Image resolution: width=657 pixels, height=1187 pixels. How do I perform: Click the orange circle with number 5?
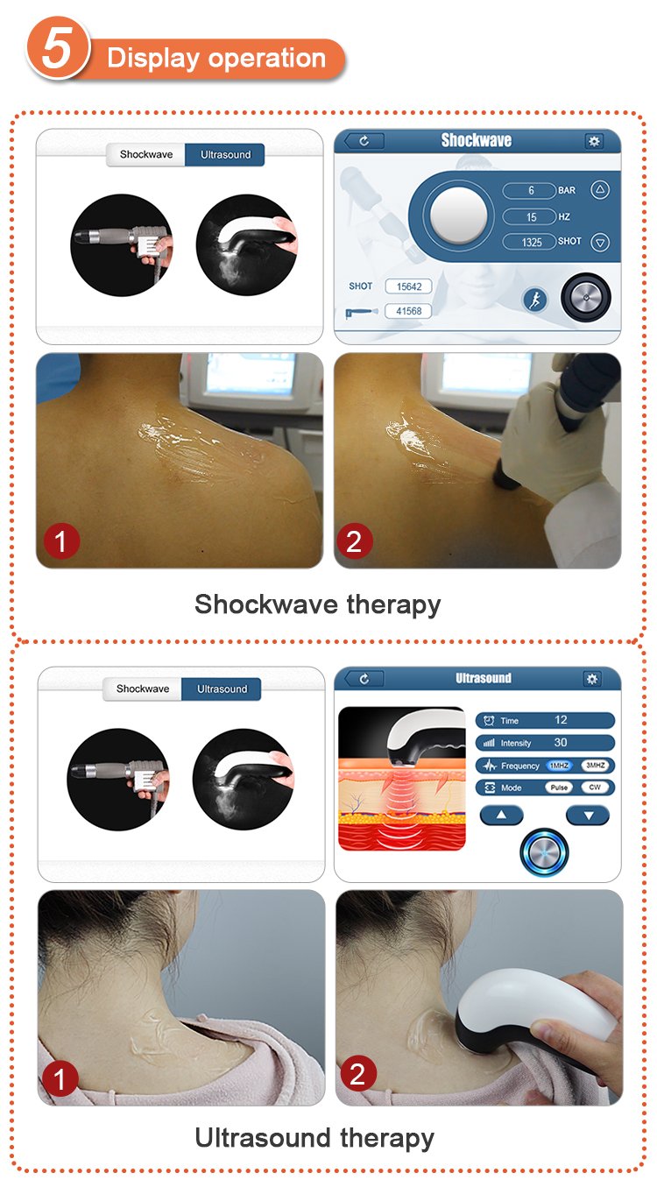point(58,49)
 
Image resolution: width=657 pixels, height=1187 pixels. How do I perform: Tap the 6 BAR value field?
point(529,190)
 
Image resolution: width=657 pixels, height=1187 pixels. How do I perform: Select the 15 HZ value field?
point(529,216)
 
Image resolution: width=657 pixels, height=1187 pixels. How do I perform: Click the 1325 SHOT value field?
point(529,242)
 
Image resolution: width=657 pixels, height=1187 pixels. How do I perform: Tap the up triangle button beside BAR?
point(600,190)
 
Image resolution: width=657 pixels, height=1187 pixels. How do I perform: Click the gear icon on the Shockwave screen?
point(594,141)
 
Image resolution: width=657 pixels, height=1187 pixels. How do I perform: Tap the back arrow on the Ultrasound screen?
point(364,679)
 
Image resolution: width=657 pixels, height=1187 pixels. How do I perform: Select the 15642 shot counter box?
point(408,286)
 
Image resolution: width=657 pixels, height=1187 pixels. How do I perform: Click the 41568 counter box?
point(408,311)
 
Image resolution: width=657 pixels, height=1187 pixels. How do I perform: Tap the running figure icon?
point(535,300)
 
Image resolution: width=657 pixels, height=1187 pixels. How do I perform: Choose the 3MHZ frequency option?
point(595,765)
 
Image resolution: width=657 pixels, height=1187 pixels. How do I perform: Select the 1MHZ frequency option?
point(559,765)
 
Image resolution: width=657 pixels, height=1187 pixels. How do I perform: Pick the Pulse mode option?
point(559,788)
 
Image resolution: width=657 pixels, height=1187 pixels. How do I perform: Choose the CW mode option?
point(595,788)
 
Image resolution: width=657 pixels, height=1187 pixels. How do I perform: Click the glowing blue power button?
point(544,852)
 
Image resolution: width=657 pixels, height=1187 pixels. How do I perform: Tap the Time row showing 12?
point(545,720)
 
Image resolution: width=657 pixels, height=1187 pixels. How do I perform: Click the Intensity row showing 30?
point(545,742)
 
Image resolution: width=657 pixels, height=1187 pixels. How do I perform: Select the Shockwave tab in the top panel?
point(145,155)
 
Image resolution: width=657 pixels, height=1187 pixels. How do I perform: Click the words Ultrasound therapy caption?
point(314,1139)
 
